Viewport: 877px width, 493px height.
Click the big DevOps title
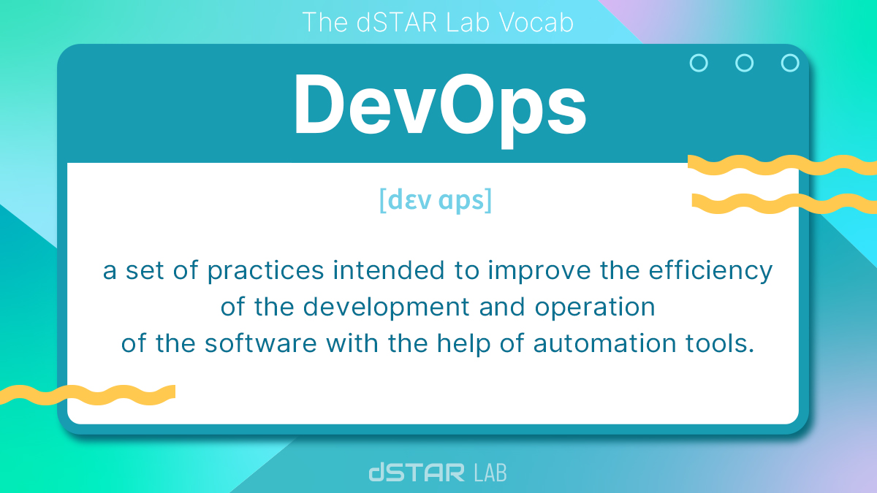tap(439, 107)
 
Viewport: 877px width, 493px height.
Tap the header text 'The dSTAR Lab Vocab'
tap(437, 23)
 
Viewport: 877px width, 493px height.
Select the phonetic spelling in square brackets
tap(436, 200)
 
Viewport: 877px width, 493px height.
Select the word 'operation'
tap(595, 307)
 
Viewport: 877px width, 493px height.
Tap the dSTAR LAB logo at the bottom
tap(437, 472)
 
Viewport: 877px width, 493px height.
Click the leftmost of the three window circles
tap(699, 63)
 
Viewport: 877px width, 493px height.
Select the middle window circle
tap(744, 63)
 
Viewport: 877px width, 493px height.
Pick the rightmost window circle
tap(790, 63)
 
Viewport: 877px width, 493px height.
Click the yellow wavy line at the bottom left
tap(88, 394)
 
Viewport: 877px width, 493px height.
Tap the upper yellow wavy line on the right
tap(782, 165)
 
